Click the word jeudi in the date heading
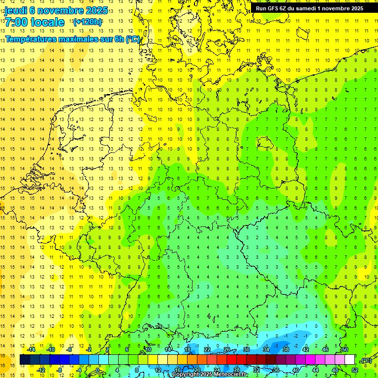(x=17, y=11)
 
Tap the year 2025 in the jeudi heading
(x=96, y=11)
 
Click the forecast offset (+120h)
(x=88, y=22)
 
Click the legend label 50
(x=345, y=349)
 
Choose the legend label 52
(x=355, y=370)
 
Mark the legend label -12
(x=41, y=370)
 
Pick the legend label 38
(x=285, y=349)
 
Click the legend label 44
(x=315, y=370)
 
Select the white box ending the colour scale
(x=349, y=360)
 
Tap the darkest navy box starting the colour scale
(x=25, y=360)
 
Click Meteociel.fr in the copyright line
(x=231, y=374)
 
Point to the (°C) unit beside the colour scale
(x=366, y=360)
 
